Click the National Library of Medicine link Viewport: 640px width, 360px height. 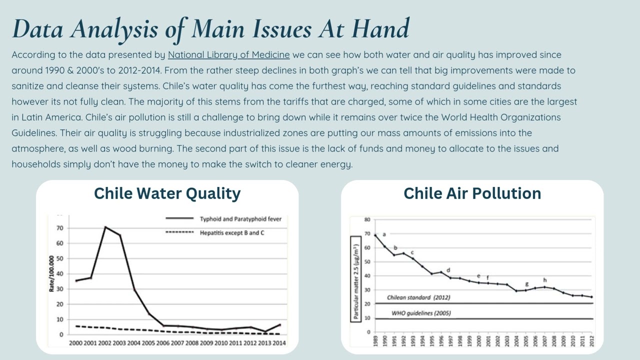[228, 55]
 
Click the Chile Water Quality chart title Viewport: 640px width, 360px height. [167, 193]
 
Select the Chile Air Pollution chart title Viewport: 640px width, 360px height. [472, 193]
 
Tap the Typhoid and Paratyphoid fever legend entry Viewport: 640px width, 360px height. [240, 219]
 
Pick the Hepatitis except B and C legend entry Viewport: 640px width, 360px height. [231, 233]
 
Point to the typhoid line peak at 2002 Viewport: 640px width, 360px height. [105, 227]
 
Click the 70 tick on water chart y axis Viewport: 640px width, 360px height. [60, 228]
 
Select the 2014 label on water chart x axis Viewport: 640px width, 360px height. [279, 343]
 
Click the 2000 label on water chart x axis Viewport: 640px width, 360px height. [75, 343]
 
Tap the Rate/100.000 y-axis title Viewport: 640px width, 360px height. [51, 273]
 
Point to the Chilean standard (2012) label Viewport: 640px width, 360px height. [418, 297]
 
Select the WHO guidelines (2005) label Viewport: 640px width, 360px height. [420, 313]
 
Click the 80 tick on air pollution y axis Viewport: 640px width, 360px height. [367, 219]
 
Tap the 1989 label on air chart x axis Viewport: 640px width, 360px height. [375, 341]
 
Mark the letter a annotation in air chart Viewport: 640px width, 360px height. [384, 234]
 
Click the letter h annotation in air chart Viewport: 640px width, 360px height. [544, 280]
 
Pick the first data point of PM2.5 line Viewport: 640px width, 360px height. [375, 235]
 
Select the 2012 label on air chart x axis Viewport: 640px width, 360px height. [591, 341]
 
